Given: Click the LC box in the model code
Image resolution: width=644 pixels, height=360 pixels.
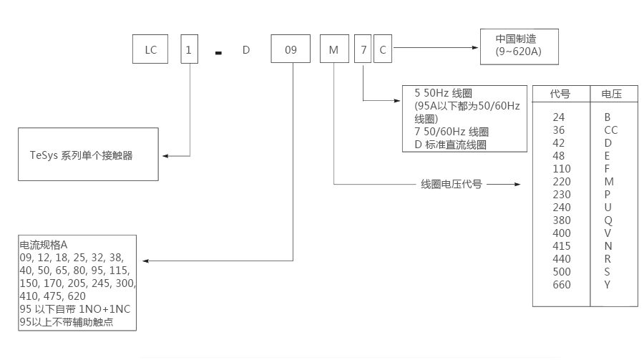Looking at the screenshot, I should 150,50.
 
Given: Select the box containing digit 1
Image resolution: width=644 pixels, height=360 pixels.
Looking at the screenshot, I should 189,50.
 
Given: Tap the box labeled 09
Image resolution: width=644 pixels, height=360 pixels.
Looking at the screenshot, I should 291,50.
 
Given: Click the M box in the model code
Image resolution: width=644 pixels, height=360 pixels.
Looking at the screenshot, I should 334,50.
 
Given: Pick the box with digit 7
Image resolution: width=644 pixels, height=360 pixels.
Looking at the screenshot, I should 364,50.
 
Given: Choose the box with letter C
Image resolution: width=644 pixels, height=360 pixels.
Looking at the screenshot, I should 384,50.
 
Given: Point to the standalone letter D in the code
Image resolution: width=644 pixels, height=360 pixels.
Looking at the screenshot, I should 245,50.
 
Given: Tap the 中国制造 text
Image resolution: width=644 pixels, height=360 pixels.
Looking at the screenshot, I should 516,40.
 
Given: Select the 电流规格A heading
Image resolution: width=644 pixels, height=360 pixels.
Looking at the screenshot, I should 44,244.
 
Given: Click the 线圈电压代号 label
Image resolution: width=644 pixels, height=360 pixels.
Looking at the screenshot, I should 451,184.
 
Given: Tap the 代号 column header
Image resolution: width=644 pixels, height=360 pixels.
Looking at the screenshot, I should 560,94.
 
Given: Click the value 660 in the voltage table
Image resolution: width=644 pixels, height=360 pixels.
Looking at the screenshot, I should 562,285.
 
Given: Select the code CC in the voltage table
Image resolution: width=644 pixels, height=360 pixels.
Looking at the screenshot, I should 610,130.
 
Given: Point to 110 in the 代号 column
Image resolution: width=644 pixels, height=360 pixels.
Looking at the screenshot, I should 562,169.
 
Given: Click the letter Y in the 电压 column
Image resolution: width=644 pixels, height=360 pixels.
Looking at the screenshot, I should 608,285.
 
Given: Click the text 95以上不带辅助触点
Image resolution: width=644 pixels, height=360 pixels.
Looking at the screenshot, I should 67,323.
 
